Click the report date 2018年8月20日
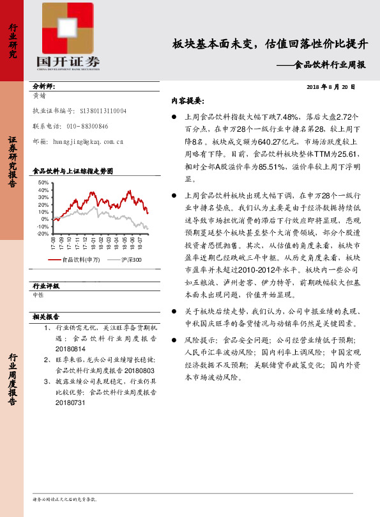[x=331, y=86]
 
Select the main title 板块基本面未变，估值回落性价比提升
[x=271, y=44]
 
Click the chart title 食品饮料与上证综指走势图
[x=72, y=171]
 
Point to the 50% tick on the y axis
[x=43, y=183]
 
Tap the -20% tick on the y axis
[x=43, y=234]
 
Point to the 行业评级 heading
[x=45, y=286]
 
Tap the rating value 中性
[x=38, y=295]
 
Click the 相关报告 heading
[x=45, y=317]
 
